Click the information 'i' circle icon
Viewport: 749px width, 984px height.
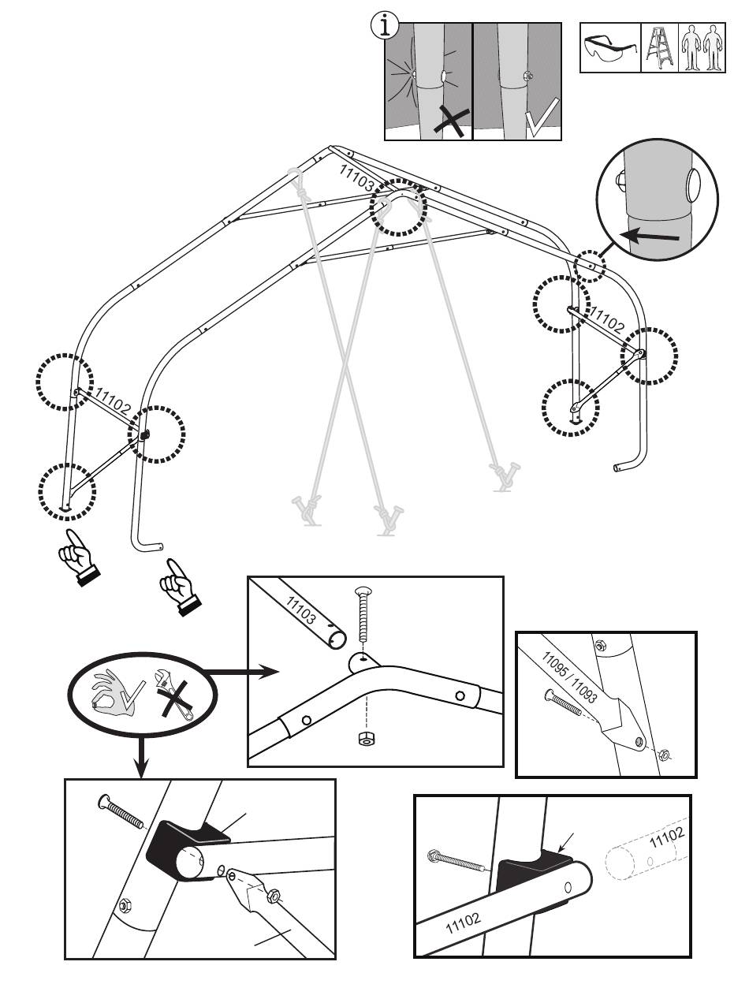pos(384,27)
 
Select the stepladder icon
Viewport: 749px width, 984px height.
pos(659,50)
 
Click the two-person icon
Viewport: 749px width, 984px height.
pos(702,50)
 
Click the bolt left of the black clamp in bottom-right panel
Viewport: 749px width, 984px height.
pos(456,860)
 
